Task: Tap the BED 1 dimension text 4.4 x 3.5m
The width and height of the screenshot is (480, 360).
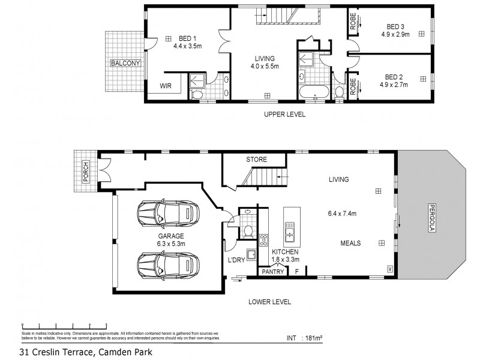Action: [188, 45]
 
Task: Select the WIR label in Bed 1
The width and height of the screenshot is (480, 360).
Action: [166, 86]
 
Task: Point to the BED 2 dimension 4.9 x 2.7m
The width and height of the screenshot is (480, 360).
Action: [393, 85]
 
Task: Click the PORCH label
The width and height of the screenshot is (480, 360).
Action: [86, 172]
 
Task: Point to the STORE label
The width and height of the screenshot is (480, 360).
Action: [256, 160]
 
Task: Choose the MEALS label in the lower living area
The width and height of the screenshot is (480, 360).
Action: [350, 243]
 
